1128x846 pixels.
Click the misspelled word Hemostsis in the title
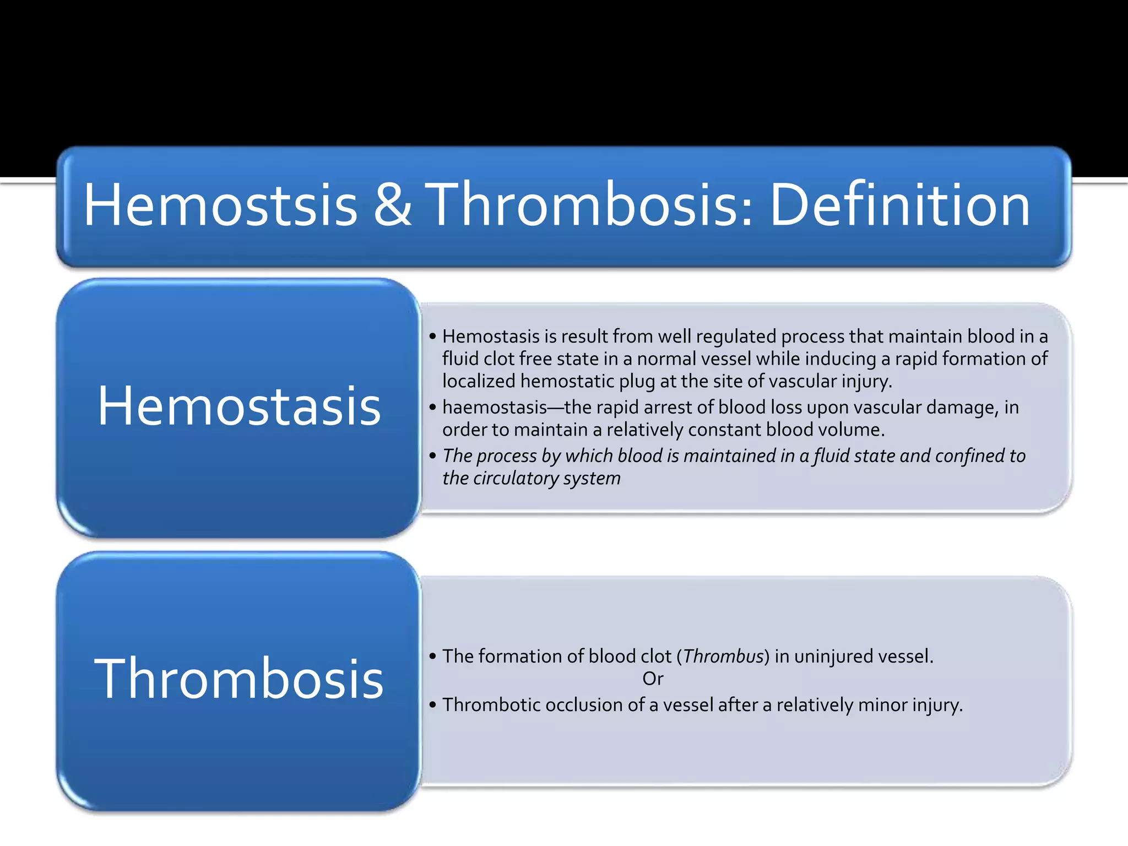coord(220,205)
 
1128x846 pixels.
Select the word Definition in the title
coord(899,205)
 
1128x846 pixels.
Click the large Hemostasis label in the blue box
coord(239,406)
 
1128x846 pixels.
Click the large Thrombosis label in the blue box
coord(239,679)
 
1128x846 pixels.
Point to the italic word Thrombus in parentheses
coord(723,657)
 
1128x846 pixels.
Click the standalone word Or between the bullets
coord(653,679)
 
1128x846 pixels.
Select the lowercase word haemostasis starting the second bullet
coord(494,408)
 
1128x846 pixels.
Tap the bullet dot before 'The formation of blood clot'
coord(432,657)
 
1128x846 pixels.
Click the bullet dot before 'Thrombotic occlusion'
coord(432,705)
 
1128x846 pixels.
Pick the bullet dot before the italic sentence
coord(432,456)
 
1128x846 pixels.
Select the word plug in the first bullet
coord(637,381)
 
